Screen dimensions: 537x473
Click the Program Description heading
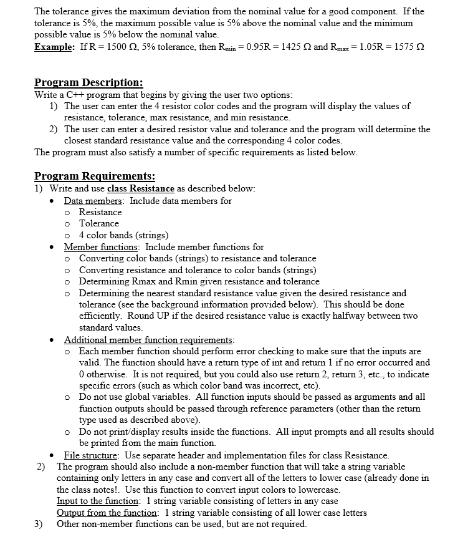[x=88, y=82]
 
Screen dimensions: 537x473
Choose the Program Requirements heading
[x=95, y=176]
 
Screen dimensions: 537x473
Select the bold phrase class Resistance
[x=141, y=188]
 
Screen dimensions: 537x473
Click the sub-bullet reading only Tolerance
[x=99, y=223]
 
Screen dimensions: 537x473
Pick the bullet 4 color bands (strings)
[x=124, y=235]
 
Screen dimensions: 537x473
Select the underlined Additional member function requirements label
[x=149, y=340]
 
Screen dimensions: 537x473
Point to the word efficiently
[x=102, y=316]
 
